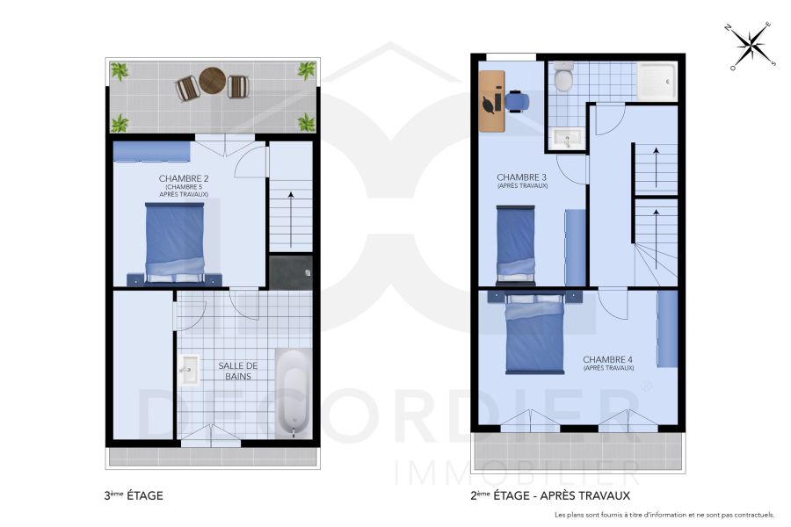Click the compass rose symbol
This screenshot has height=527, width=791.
[x=750, y=45]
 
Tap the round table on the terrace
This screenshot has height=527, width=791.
[x=212, y=81]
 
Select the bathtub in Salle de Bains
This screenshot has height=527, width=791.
[x=292, y=393]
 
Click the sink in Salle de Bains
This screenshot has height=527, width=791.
[x=190, y=371]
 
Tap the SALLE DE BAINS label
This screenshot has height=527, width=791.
[x=237, y=371]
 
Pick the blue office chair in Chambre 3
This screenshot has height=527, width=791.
[x=516, y=101]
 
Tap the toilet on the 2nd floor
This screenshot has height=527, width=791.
[x=564, y=78]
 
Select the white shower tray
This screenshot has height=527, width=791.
[x=657, y=80]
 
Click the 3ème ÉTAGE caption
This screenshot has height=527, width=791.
[x=134, y=496]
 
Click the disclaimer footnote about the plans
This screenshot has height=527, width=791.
[x=664, y=515]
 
